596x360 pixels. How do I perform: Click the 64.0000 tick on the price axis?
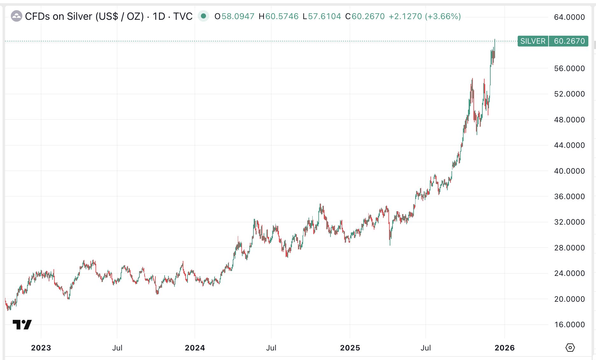pos(569,17)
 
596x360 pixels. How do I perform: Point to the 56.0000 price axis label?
pos(569,68)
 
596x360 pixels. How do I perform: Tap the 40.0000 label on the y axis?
pos(569,171)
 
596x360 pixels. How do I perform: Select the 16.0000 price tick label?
pos(569,325)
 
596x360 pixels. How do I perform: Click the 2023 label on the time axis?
pos(41,348)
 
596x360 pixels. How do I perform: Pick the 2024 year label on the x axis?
pos(195,348)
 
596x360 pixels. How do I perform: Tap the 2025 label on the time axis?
pos(350,348)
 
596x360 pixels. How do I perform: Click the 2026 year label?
pos(505,348)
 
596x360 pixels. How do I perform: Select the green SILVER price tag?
pos(533,41)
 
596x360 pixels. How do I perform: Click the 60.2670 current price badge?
pos(569,41)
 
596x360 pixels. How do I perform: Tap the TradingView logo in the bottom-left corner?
pos(22,325)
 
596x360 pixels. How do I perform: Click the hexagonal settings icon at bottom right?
pos(570,347)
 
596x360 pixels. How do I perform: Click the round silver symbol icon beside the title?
pos(17,16)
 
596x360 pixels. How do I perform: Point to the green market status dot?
pos(203,16)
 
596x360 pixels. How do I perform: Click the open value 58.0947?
pos(238,16)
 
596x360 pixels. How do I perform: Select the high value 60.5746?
pos(282,16)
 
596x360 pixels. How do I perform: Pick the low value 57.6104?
pos(324,16)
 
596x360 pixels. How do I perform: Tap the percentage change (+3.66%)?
pos(443,16)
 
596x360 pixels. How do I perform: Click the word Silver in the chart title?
pos(80,16)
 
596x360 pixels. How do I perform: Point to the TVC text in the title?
pos(183,16)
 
